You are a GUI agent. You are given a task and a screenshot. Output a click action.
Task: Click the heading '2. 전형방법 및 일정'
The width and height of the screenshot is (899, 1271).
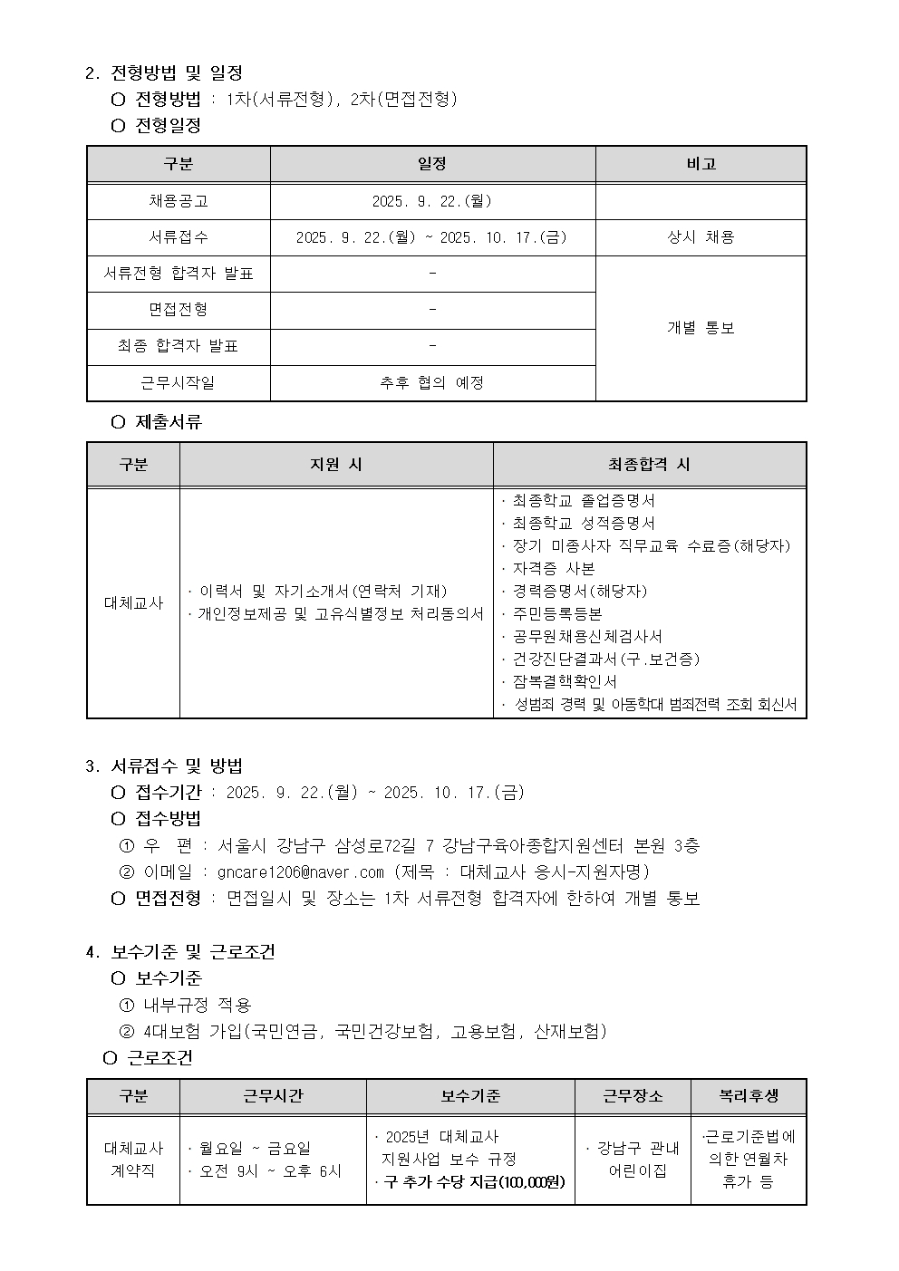tap(164, 72)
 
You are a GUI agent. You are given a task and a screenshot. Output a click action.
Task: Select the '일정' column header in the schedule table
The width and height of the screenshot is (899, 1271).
tap(432, 164)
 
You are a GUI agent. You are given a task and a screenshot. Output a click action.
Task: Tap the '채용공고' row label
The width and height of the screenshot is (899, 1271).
tap(179, 201)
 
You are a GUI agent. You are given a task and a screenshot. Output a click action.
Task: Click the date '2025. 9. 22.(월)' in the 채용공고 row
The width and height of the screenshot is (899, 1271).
tap(432, 201)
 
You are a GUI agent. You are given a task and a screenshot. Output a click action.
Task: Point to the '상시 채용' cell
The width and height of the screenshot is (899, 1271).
tap(701, 237)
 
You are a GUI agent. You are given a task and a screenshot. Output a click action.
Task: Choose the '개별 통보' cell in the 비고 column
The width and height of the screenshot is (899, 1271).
tap(701, 328)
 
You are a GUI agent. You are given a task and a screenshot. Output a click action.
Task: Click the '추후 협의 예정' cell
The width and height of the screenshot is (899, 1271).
tap(432, 382)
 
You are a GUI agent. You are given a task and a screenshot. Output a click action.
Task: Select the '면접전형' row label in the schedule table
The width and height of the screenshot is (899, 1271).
tap(179, 310)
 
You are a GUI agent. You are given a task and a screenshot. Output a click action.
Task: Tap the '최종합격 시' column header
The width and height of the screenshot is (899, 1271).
tap(649, 464)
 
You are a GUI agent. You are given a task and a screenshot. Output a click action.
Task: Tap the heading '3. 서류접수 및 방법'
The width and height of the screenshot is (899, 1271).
tap(164, 766)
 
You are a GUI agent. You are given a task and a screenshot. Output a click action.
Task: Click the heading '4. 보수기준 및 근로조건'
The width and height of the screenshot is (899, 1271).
tap(180, 952)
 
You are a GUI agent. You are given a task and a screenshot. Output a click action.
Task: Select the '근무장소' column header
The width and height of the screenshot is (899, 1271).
tap(633, 1096)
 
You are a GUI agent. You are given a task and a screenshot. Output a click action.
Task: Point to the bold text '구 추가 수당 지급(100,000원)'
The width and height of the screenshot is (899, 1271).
tap(473, 1182)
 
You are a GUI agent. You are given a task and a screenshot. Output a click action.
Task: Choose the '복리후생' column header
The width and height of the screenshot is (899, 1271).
tap(749, 1096)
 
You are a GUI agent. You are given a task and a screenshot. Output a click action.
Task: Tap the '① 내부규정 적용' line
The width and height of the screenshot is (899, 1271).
tap(186, 1005)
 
